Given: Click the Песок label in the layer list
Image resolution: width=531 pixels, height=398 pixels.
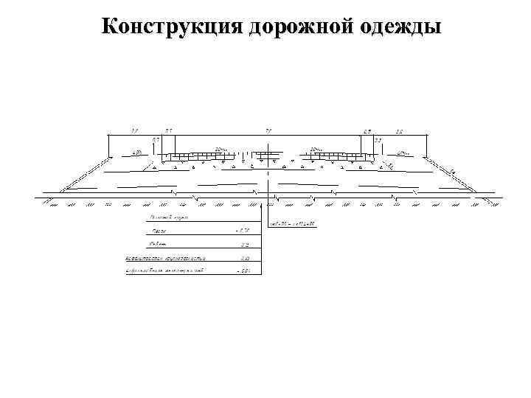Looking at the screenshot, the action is tap(156, 231).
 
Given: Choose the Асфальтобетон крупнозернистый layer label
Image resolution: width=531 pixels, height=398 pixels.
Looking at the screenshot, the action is tap(165, 259).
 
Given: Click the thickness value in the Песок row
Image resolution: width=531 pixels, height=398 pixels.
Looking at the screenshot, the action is tap(243, 231).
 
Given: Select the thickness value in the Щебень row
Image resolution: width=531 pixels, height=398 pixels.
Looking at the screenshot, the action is tap(244, 245).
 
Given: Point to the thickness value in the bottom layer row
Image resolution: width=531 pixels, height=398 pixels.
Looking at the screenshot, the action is tap(243, 272).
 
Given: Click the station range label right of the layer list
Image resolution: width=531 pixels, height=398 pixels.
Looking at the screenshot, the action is tap(294, 223).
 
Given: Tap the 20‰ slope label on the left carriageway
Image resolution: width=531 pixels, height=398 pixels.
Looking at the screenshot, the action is tap(220, 150).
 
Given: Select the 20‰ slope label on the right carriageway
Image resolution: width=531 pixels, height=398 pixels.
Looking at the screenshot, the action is tap(316, 150).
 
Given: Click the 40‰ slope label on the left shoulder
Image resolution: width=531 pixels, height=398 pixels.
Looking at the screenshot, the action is tap(136, 153).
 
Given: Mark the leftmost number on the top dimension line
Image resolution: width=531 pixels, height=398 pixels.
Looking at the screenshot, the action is tap(134, 131).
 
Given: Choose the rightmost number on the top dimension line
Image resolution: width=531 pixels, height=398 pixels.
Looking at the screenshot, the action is tap(399, 131).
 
